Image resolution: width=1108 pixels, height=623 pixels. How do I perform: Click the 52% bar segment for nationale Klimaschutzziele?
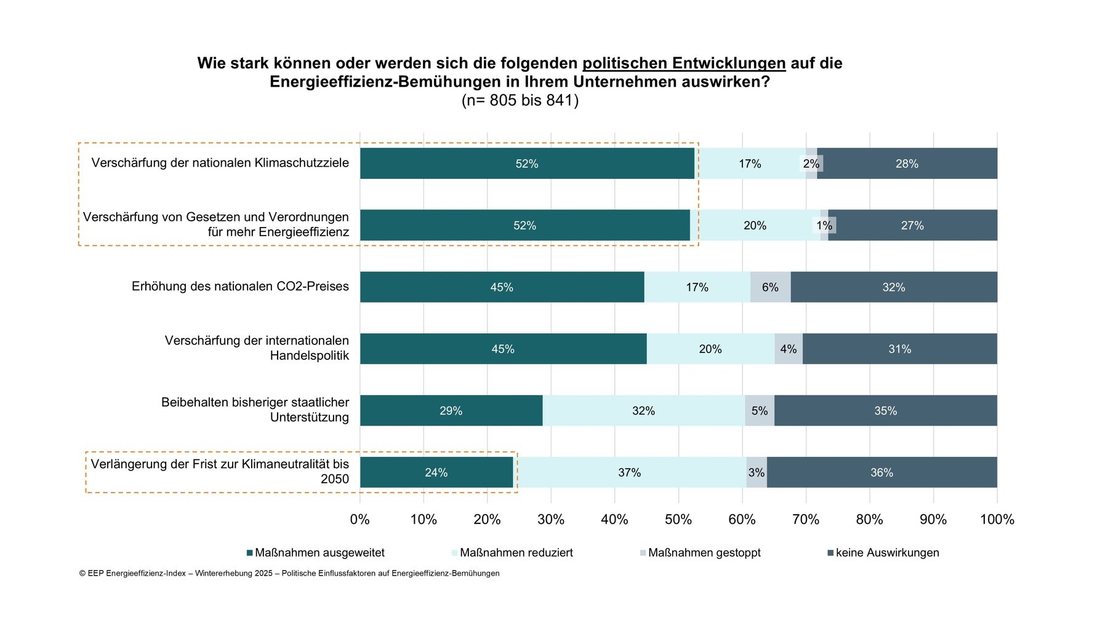(x=527, y=164)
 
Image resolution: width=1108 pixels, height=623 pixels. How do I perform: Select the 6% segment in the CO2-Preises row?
(x=770, y=287)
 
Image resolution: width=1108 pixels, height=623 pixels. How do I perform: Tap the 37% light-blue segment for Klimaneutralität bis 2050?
(x=629, y=472)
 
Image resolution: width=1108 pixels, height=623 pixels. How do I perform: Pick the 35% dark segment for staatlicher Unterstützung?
(x=885, y=411)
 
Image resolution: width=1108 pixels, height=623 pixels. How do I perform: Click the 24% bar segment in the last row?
(x=436, y=472)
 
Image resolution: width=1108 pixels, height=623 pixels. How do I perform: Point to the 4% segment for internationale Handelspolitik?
(x=789, y=349)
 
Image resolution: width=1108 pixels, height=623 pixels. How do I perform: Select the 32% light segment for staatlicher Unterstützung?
(x=643, y=411)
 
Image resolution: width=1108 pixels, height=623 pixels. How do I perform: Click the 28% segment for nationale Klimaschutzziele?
(x=907, y=164)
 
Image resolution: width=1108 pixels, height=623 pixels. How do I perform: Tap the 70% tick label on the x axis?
(x=805, y=520)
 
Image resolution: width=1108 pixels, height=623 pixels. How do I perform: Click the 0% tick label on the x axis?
(x=359, y=520)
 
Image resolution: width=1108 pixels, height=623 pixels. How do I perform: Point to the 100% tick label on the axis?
(x=997, y=520)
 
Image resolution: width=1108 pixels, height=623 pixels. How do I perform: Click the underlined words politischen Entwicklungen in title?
(x=684, y=63)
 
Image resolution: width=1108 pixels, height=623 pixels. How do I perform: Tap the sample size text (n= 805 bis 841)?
(x=520, y=100)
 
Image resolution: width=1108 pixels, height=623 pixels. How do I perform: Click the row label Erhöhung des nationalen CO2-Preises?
(x=240, y=287)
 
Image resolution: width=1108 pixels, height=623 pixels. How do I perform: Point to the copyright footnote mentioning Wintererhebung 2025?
(x=289, y=573)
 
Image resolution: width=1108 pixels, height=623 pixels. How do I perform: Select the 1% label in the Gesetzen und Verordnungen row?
(x=824, y=226)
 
